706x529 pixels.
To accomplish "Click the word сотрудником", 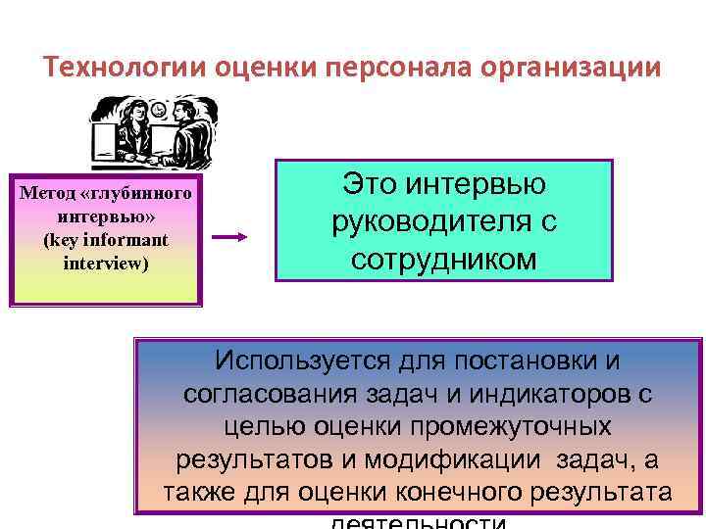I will click(x=444, y=260).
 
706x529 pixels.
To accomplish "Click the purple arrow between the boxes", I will click(x=232, y=238).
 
